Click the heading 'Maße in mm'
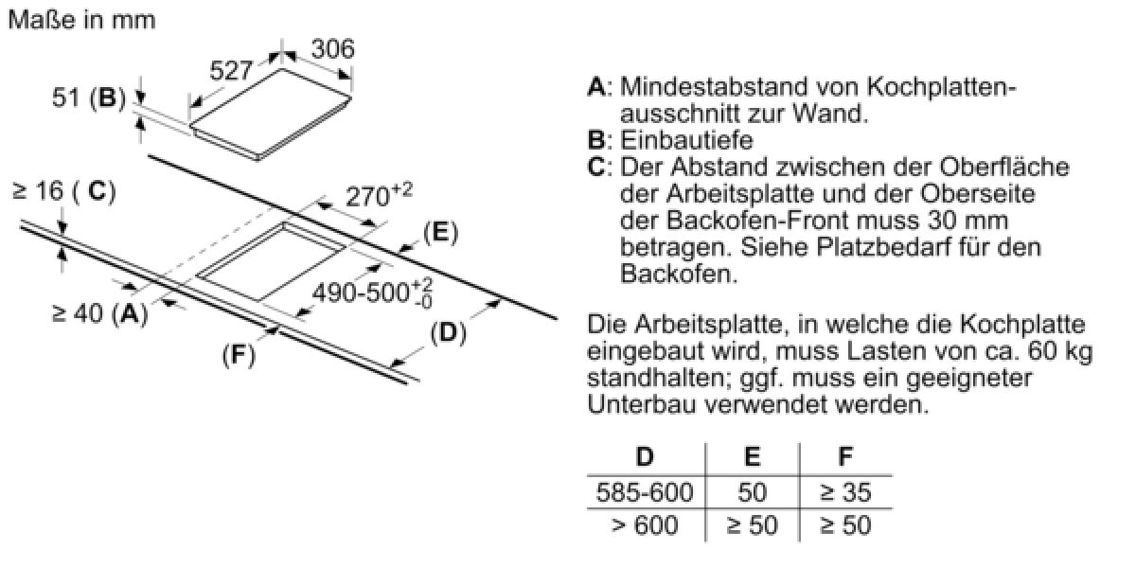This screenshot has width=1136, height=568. pyautogui.click(x=82, y=20)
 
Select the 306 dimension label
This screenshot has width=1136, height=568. pyautogui.click(x=332, y=49)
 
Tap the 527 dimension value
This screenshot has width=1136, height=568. pyautogui.click(x=231, y=70)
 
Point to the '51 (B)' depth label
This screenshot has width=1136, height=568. pyautogui.click(x=89, y=97)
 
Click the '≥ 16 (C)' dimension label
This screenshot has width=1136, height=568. pyautogui.click(x=64, y=191)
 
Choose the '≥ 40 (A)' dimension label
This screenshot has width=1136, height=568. pyautogui.click(x=100, y=313)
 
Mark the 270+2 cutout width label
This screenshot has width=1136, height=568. pyautogui.click(x=379, y=195)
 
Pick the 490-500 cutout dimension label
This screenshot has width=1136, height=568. pyautogui.click(x=372, y=293)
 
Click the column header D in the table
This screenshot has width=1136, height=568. pyautogui.click(x=645, y=456)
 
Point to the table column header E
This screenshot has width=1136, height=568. pyautogui.click(x=752, y=456)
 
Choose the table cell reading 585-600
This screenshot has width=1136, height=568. pyautogui.click(x=645, y=492)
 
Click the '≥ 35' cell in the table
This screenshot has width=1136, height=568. pyautogui.click(x=845, y=492)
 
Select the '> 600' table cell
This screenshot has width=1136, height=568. pyautogui.click(x=645, y=524)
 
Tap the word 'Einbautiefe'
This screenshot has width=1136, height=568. pyautogui.click(x=686, y=140)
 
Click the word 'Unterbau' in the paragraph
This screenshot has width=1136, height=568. pyautogui.click(x=642, y=405)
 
